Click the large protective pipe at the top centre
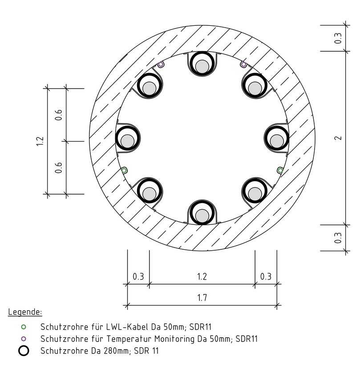point(202,65)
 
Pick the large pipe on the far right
point(277,139)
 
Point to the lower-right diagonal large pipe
point(255,192)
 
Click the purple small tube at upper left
point(161,65)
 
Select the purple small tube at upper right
point(243,65)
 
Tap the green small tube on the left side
point(124,170)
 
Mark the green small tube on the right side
point(280,170)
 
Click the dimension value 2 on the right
point(339,138)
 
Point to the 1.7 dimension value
point(202,298)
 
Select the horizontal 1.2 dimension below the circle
point(202,276)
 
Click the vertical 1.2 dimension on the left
point(40,141)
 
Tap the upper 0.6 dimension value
point(58,115)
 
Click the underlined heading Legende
point(25,311)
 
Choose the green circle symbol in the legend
point(24,327)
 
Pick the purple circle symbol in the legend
point(24,339)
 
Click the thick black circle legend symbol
point(24,351)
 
